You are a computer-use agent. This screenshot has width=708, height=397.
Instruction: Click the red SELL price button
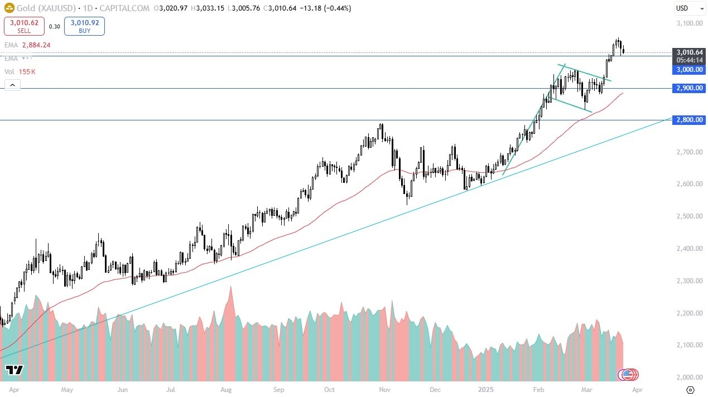click(x=23, y=26)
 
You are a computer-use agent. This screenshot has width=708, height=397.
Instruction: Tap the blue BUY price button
click(x=84, y=26)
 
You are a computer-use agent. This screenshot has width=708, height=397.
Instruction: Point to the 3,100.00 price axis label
click(x=688, y=23)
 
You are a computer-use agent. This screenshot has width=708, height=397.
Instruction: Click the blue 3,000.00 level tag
click(x=690, y=70)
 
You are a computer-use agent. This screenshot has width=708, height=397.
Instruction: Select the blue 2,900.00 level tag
click(x=690, y=88)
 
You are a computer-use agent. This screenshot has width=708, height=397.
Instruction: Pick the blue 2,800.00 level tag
click(x=690, y=120)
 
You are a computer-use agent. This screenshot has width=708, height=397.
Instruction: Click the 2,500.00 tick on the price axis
click(x=688, y=216)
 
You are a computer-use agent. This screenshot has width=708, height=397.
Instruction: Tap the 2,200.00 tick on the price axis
click(x=688, y=313)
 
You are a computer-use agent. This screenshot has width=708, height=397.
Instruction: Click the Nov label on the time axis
click(x=384, y=390)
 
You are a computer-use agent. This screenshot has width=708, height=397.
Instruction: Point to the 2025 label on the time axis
click(x=485, y=390)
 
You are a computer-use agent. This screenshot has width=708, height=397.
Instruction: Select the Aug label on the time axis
click(x=226, y=390)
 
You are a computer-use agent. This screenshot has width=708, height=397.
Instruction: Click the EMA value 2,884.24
click(x=37, y=45)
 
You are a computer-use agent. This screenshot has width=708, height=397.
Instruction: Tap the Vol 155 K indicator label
click(x=21, y=71)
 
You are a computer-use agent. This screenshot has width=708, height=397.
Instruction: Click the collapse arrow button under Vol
click(x=12, y=85)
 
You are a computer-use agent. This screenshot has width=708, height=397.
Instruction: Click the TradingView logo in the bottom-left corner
click(x=15, y=370)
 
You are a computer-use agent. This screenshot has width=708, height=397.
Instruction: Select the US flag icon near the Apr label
click(x=628, y=375)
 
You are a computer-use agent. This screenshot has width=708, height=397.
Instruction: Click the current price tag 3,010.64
click(x=690, y=52)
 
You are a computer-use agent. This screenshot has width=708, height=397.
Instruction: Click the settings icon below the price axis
click(x=690, y=390)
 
